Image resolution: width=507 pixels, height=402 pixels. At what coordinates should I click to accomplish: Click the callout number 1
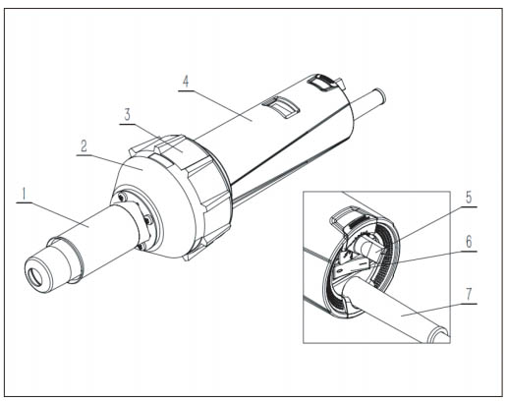click(24, 194)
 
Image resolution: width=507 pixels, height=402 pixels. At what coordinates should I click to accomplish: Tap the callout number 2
click(84, 146)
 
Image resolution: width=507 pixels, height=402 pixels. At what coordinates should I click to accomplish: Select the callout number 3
click(127, 114)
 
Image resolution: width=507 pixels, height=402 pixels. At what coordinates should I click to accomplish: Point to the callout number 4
click(186, 82)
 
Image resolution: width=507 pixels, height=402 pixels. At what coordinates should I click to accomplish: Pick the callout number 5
click(469, 198)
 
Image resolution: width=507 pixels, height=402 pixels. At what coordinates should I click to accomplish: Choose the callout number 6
click(469, 242)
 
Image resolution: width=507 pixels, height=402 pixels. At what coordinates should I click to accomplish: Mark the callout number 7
click(469, 294)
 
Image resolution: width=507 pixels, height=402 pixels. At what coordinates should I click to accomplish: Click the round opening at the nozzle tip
click(34, 275)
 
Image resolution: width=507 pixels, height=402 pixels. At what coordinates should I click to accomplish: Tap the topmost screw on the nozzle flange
click(123, 197)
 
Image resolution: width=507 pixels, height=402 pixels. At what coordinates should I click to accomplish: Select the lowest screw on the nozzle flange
click(141, 247)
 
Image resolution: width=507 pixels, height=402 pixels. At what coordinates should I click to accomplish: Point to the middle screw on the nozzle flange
click(148, 219)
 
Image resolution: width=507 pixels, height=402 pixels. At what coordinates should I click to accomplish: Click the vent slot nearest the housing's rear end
click(323, 82)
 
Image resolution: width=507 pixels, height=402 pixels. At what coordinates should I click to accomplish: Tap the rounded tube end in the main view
click(380, 95)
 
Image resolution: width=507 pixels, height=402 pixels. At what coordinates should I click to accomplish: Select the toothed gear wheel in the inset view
click(366, 238)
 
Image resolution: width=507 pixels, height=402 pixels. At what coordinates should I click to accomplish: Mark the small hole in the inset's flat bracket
click(341, 268)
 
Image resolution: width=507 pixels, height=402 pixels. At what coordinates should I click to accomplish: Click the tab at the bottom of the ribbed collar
click(191, 255)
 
